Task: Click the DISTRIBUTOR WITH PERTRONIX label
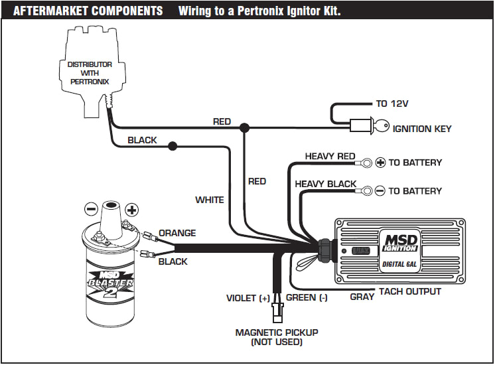(x=90, y=73)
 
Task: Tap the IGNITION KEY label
(x=422, y=128)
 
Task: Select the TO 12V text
(x=391, y=104)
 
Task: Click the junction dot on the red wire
(x=245, y=127)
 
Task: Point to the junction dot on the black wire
(x=173, y=145)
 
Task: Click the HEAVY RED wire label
(x=330, y=157)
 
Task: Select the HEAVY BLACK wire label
(x=325, y=184)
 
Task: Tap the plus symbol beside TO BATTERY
(x=381, y=162)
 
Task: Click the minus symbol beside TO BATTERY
(x=380, y=190)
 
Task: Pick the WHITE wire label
(x=209, y=200)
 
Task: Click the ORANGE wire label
(x=177, y=233)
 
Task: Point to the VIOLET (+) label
(x=248, y=298)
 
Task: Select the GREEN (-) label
(x=307, y=298)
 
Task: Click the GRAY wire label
(x=362, y=297)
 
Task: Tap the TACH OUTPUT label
(x=409, y=291)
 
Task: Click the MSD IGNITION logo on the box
(x=399, y=241)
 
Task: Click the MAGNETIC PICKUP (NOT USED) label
(x=277, y=336)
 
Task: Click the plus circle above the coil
(x=132, y=210)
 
